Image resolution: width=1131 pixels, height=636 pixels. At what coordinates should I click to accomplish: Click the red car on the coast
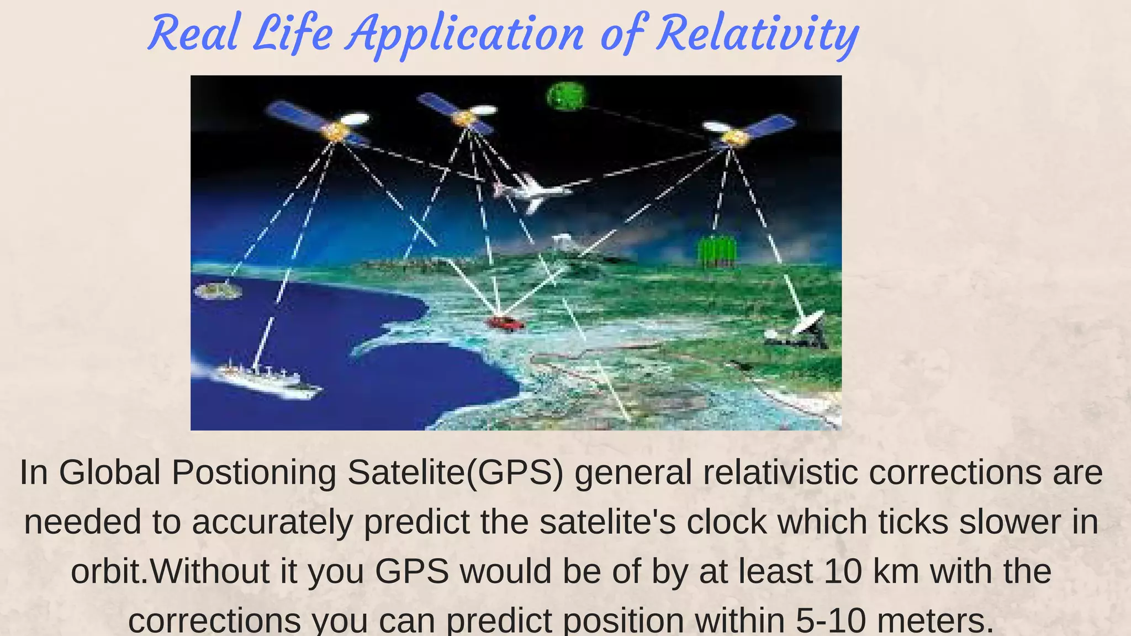coord(504,324)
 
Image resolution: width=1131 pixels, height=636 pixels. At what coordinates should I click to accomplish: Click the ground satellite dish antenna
coord(801,331)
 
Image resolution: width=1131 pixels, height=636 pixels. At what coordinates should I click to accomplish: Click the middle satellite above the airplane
coord(461,114)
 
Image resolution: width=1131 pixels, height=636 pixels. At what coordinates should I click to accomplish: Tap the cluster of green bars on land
coord(716,251)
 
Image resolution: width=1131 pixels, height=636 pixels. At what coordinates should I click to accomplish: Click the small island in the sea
coord(218,290)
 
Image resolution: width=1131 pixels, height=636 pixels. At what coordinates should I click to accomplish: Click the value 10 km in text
coord(871,571)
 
